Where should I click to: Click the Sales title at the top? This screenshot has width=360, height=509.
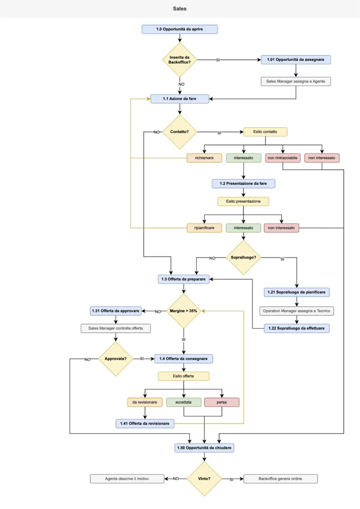180,9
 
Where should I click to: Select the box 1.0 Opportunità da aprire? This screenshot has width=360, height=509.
180,29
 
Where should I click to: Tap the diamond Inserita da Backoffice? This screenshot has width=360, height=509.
180,60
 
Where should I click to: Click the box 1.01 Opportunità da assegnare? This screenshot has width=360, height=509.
296,60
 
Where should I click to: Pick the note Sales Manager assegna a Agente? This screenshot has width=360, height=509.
296,81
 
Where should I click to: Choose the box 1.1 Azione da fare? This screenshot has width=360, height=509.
180,99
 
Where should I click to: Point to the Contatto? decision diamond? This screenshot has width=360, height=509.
180,132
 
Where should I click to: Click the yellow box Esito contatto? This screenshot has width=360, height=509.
265,132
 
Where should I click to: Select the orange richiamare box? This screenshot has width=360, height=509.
204,158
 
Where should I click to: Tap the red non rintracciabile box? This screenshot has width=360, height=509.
282,158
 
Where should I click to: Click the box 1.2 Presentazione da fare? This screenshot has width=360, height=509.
243,183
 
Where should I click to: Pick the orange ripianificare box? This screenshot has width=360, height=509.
204,228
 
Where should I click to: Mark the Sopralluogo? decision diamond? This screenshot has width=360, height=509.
243,258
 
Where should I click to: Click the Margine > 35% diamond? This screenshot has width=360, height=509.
183,311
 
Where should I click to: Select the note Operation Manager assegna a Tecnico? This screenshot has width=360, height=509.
297,311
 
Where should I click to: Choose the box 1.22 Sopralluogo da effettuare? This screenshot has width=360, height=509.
297,329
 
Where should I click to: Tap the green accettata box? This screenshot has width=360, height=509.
183,402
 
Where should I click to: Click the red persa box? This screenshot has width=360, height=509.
222,402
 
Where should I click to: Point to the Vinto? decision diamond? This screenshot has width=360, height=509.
204,479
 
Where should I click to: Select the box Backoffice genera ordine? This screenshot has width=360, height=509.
280,479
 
